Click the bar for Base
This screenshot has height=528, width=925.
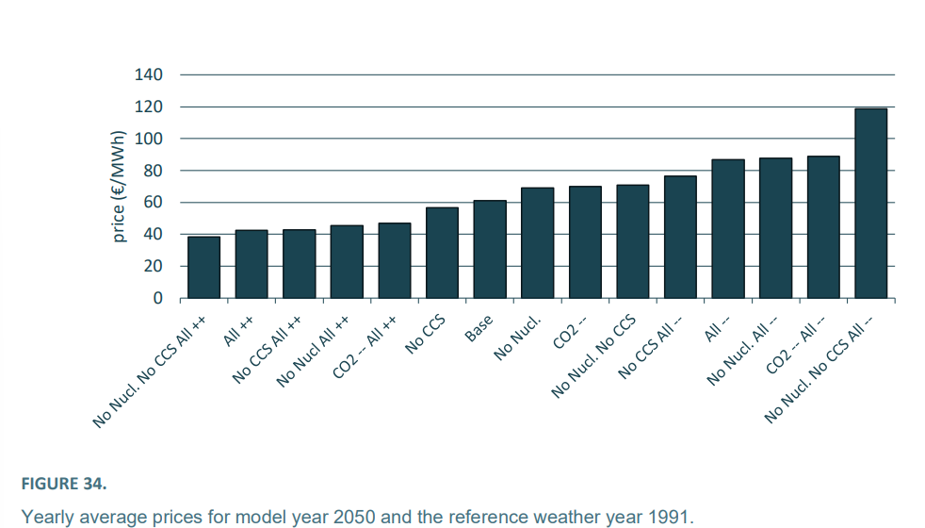point(490,250)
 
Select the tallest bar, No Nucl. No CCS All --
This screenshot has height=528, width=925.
point(870,204)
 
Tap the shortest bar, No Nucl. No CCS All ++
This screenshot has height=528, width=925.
point(203,268)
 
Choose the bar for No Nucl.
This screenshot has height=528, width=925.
point(537,243)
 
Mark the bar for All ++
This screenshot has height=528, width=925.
point(252,264)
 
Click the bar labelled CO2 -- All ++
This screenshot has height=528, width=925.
point(394,261)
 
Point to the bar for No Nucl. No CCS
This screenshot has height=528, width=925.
point(632,241)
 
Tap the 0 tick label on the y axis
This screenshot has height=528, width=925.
point(158,299)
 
